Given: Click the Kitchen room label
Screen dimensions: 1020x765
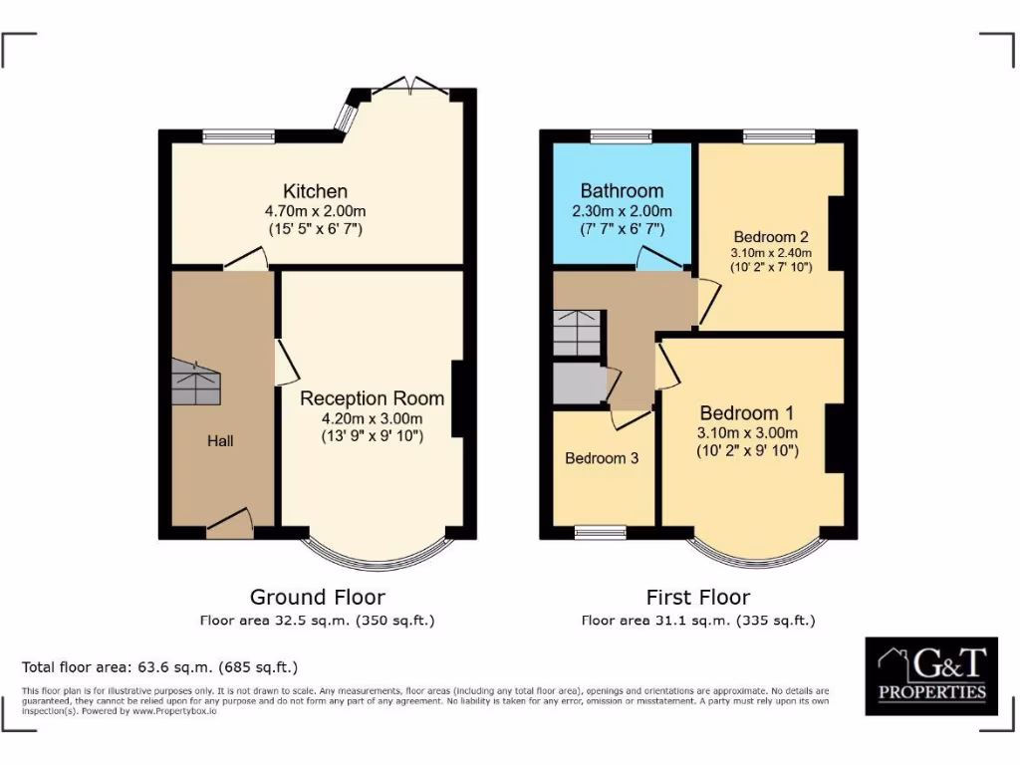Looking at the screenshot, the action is click(315, 191).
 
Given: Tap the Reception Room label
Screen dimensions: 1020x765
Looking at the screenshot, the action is click(373, 398).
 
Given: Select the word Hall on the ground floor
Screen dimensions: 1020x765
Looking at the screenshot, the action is click(220, 440).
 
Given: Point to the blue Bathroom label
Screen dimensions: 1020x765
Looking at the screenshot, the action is click(622, 191).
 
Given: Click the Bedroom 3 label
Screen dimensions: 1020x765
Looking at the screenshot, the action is click(602, 458).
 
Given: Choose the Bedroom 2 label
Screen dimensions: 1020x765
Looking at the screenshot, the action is click(770, 237).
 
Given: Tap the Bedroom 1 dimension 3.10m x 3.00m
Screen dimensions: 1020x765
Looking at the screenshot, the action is click(747, 433).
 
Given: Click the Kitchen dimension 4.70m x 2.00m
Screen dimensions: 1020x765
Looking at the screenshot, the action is click(315, 211).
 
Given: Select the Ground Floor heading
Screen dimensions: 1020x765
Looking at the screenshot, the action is click(317, 598).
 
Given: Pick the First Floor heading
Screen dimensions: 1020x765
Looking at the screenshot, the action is click(697, 598).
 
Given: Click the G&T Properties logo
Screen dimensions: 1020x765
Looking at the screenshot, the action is click(931, 676).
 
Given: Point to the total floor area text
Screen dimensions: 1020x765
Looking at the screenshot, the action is click(159, 667).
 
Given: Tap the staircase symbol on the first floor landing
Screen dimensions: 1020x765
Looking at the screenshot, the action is click(578, 333).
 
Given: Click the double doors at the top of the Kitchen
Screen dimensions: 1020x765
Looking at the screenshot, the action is click(411, 86).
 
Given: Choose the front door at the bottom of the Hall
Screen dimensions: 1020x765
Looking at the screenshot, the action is click(229, 523).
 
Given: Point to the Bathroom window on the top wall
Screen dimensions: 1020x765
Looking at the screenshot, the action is click(621, 136).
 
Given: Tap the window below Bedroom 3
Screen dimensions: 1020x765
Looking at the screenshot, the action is click(601, 533).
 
